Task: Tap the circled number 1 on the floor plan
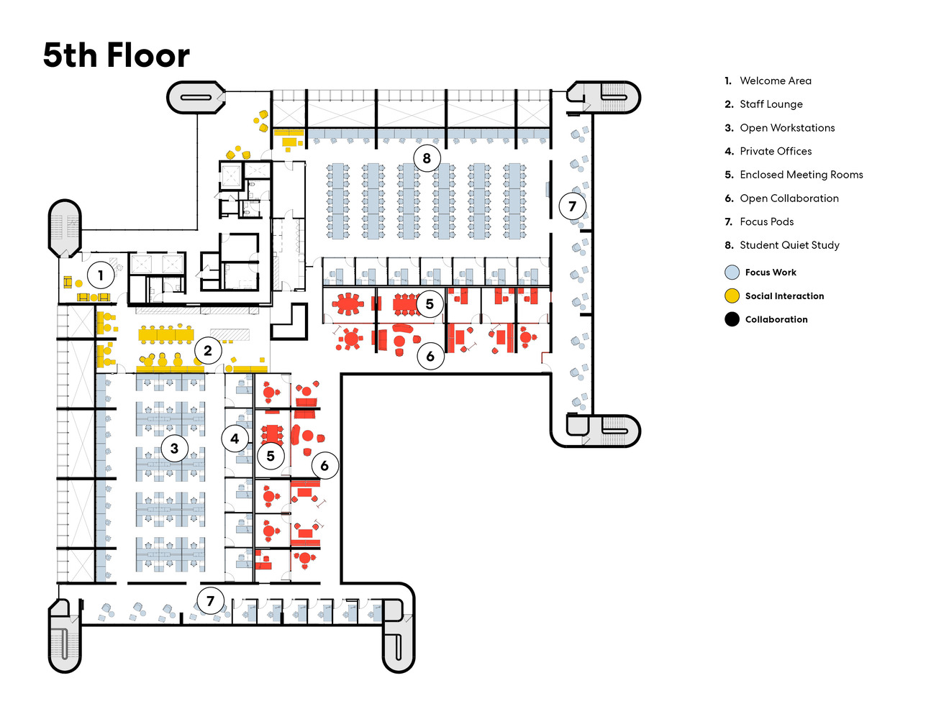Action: pos(101,275)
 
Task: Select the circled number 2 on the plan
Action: pos(208,350)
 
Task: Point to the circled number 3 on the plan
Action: pos(174,448)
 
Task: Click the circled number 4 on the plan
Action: pos(235,438)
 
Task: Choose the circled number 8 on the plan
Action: pos(427,157)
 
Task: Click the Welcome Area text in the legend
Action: pos(775,81)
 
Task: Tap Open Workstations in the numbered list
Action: pos(787,128)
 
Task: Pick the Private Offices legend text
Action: pos(776,151)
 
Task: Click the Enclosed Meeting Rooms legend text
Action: pos(801,175)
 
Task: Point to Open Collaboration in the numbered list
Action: pos(789,198)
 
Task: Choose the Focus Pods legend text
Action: pos(766,221)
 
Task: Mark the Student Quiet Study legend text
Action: pos(789,245)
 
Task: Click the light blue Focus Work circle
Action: pos(732,273)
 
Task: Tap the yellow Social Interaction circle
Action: pos(732,296)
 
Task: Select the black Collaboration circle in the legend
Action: pos(732,319)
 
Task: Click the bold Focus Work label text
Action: pos(771,273)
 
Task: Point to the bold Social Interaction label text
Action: pos(784,296)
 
